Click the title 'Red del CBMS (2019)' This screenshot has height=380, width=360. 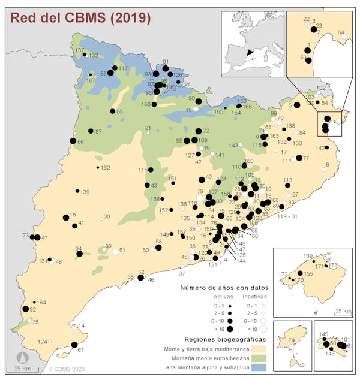point(79,17)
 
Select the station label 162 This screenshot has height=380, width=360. point(105,168)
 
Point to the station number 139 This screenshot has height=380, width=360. point(85,192)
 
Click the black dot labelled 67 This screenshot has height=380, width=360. point(74,345)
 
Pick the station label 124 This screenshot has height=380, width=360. point(43,342)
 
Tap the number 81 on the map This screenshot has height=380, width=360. point(148,128)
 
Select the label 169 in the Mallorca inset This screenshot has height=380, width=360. point(308,256)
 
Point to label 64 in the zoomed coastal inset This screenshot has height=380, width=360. point(341,32)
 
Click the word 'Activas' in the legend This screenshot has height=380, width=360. point(223,297)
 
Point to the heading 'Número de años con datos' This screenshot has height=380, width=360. point(224,288)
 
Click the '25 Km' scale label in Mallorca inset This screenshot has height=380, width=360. point(343,311)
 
